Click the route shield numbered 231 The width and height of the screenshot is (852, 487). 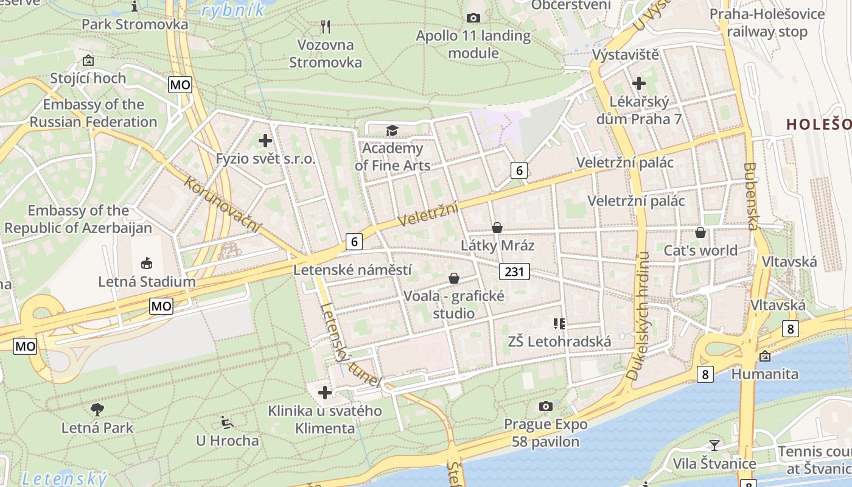tap(514, 272)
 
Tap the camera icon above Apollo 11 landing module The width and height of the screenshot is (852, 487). tap(473, 18)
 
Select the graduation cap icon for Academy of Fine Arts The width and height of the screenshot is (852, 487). tap(392, 130)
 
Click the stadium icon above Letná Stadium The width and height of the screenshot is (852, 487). tap(147, 264)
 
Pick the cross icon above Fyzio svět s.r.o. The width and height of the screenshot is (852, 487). tap(265, 141)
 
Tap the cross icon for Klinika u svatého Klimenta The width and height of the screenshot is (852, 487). tap(325, 393)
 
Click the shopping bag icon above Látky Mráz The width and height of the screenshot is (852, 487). tap(497, 228)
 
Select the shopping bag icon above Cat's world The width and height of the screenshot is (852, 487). tap(700, 233)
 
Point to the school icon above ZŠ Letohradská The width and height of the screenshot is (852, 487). tap(559, 323)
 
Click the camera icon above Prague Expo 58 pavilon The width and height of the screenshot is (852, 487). tap(546, 406)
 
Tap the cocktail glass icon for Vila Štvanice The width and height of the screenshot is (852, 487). tap(714, 446)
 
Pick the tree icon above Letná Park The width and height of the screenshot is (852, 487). tap(97, 409)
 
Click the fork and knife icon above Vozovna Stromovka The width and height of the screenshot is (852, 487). tap(326, 27)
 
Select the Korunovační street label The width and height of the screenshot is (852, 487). tap(222, 205)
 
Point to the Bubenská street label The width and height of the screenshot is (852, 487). tap(750, 196)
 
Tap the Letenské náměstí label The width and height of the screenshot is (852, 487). tap(352, 270)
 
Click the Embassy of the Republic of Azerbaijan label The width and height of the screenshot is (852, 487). tap(78, 220)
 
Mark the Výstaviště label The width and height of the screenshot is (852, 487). tap(626, 55)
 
